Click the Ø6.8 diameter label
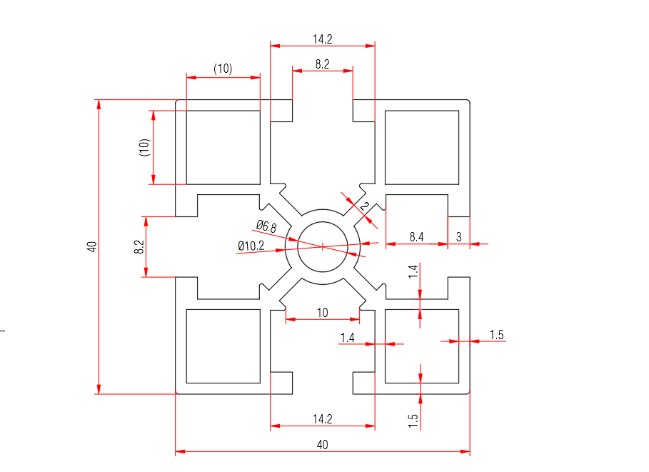[x=266, y=226]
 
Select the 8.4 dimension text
[x=416, y=236]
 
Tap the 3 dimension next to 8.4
[x=458, y=236]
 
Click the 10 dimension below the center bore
[x=322, y=312]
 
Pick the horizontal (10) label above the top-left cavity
[x=223, y=69]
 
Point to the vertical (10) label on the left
[x=144, y=148]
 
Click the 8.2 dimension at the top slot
[x=322, y=64]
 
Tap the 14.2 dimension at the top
[x=322, y=39]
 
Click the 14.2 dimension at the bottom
[x=322, y=418]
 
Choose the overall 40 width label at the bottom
[x=322, y=445]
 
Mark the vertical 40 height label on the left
[x=91, y=246]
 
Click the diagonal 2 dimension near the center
[x=366, y=206]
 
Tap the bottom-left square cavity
[x=223, y=346]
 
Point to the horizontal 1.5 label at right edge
[x=497, y=335]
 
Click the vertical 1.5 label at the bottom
[x=413, y=420]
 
